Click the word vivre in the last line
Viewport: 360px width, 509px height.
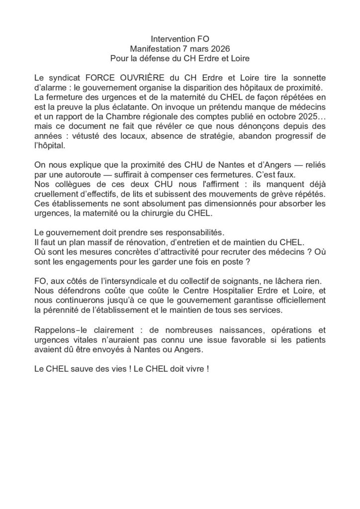tap(192, 368)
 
